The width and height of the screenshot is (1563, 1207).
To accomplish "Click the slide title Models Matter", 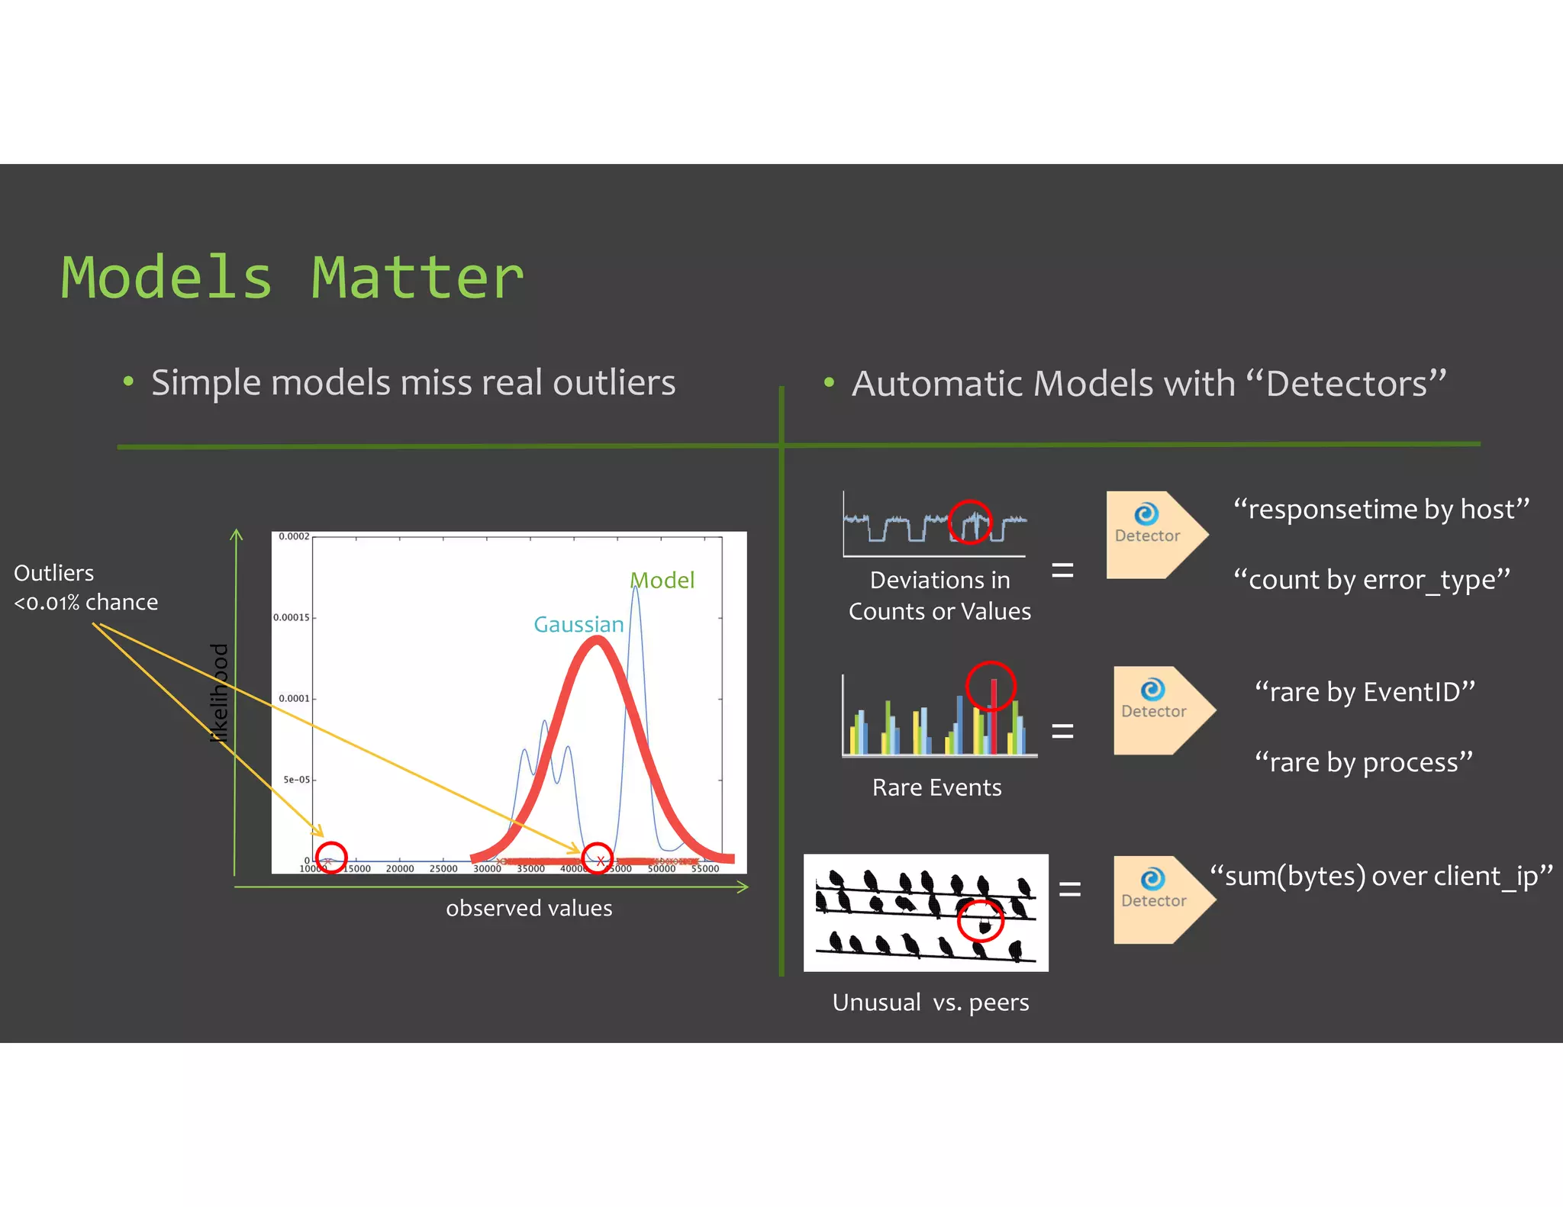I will (292, 278).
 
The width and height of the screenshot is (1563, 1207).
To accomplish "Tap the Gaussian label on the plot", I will (578, 624).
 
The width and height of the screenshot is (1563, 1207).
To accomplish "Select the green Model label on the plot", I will (662, 580).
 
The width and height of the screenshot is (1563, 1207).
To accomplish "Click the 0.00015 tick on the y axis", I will (292, 617).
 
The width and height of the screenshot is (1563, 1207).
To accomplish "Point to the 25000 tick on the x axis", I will (443, 868).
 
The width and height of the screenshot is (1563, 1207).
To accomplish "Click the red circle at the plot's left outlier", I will (331, 858).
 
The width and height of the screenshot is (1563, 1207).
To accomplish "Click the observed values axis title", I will (529, 908).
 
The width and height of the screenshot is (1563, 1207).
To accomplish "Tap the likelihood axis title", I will (219, 693).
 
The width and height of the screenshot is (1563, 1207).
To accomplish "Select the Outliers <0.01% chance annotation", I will (85, 587).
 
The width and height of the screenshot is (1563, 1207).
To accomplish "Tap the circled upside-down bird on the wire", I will (985, 925).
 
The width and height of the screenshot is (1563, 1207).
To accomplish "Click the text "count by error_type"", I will (1371, 579).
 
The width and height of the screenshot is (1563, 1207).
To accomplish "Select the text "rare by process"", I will (1363, 761).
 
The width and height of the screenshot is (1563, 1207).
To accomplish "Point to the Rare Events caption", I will (936, 787).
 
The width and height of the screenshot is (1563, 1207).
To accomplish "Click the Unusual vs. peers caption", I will (930, 1002).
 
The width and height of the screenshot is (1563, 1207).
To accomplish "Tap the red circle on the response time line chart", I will (969, 522).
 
